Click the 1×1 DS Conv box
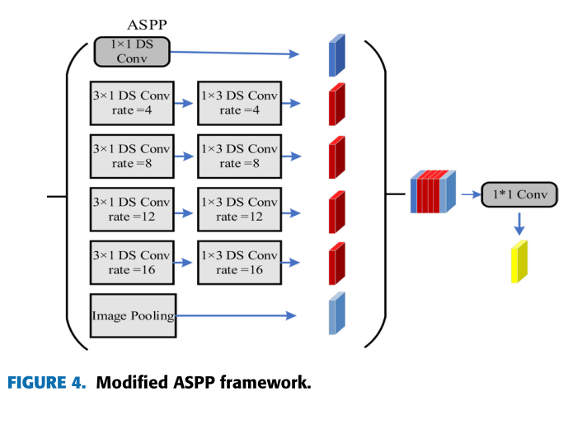[x=131, y=52]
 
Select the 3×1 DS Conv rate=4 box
[x=131, y=103]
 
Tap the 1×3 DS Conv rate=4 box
[x=239, y=103]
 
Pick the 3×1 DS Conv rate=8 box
[x=131, y=156]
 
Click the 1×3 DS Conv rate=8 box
[x=239, y=156]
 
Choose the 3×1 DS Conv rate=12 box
[x=131, y=209]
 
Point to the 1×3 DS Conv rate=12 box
[x=239, y=209]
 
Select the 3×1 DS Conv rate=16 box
[x=131, y=262]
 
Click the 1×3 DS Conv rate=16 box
[x=239, y=262]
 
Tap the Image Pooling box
[x=133, y=315]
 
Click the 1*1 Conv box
[x=519, y=195]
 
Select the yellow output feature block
[x=519, y=262]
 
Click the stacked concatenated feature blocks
[x=433, y=192]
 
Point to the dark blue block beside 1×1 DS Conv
[x=336, y=56]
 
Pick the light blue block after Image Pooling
[x=336, y=314]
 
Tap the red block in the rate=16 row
[x=336, y=263]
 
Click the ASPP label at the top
[x=148, y=25]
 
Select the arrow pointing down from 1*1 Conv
[x=519, y=222]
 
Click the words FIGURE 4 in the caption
[x=46, y=384]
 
